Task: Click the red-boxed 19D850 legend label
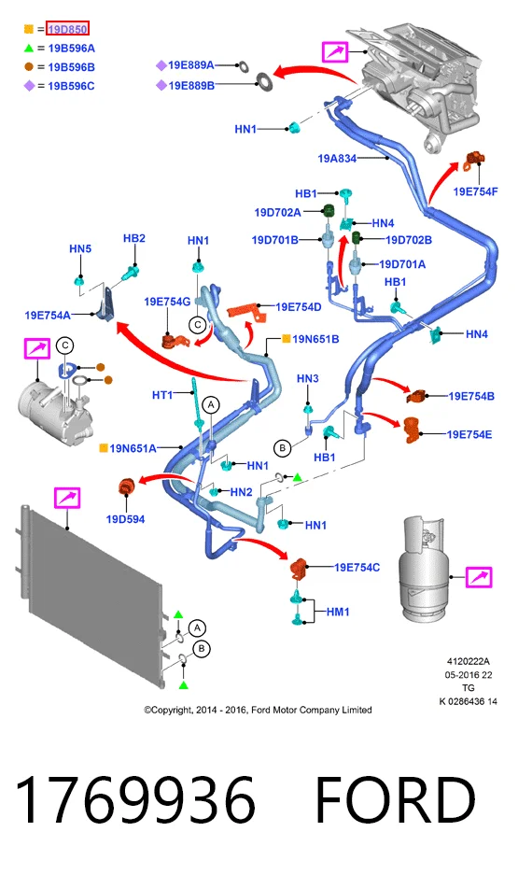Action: click(x=67, y=29)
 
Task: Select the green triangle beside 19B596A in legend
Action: click(x=29, y=49)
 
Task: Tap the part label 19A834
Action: click(x=337, y=159)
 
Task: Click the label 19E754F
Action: click(x=475, y=191)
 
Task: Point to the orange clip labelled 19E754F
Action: click(x=474, y=160)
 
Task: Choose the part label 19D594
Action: click(x=125, y=519)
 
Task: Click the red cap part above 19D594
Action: click(x=126, y=486)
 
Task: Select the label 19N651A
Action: click(x=133, y=448)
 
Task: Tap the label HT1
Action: click(x=162, y=395)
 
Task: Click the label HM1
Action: click(x=338, y=612)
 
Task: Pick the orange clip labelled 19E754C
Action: click(x=300, y=568)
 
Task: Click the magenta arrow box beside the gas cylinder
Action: click(x=479, y=577)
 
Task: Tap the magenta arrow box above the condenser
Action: click(x=67, y=498)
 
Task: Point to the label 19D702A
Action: click(x=277, y=212)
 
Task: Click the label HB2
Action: click(x=134, y=238)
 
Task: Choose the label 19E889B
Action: click(x=191, y=86)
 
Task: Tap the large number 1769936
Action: click(x=135, y=800)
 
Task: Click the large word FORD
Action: click(x=396, y=800)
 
